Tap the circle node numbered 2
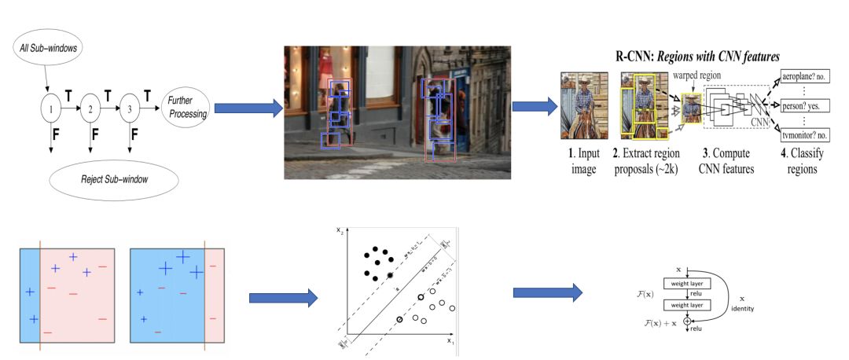point(92,108)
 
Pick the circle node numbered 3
point(131,108)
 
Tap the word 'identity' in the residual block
point(741,309)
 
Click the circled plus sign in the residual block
point(687,321)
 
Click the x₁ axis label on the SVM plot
point(450,341)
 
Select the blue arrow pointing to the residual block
point(548,292)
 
